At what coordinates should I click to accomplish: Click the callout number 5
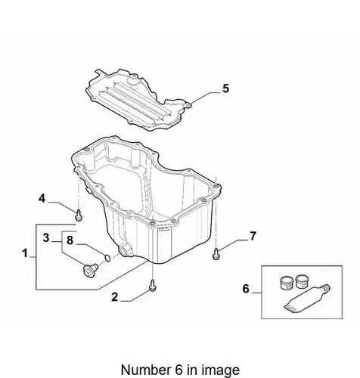click(225, 88)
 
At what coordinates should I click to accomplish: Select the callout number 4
click(42, 198)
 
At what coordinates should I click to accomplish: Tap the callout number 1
click(25, 253)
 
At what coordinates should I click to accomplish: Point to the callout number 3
click(46, 237)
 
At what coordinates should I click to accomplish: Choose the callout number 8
click(70, 240)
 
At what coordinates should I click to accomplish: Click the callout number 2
click(115, 297)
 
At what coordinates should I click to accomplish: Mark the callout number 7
click(253, 236)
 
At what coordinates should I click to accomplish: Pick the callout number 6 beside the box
click(246, 289)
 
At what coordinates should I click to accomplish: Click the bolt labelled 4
click(79, 215)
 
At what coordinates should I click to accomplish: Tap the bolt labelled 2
click(152, 285)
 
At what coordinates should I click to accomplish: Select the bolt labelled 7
click(216, 254)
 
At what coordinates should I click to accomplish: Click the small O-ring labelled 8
click(107, 258)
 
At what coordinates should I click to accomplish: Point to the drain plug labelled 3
click(90, 269)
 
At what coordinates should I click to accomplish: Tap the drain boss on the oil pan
click(126, 250)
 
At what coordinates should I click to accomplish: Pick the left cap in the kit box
click(287, 283)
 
